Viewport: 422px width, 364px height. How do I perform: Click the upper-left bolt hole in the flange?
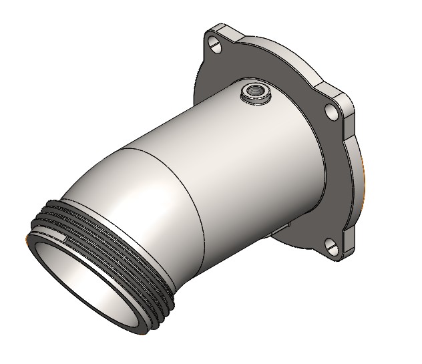tap(215, 45)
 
